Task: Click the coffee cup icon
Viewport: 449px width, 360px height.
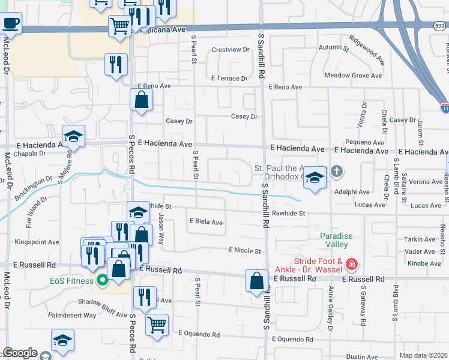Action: [10, 25]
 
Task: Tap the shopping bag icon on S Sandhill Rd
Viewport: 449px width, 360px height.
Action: [256, 281]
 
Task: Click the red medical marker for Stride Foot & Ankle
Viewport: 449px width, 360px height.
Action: [352, 264]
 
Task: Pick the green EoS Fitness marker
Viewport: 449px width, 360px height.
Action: [102, 280]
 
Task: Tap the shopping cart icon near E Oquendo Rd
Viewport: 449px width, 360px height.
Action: [157, 325]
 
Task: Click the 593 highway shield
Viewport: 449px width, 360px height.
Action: [440, 25]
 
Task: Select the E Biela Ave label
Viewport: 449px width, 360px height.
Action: [206, 222]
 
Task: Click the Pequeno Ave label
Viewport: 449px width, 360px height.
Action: [369, 142]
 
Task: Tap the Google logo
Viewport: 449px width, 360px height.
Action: [20, 353]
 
